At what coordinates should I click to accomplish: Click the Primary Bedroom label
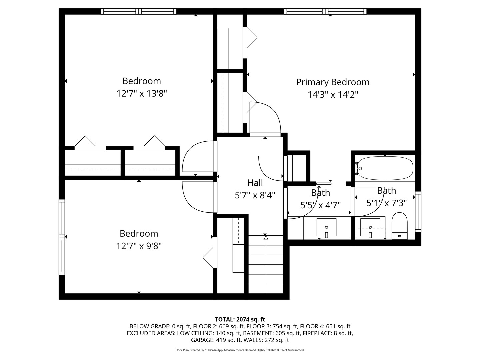tap(333, 82)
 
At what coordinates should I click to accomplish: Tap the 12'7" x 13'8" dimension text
tap(142, 94)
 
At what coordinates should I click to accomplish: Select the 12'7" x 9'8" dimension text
tap(139, 246)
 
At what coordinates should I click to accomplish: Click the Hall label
tap(255, 183)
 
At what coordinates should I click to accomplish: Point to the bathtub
tap(385, 168)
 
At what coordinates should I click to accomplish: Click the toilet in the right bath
tap(399, 226)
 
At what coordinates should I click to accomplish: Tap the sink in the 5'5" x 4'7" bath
tap(326, 228)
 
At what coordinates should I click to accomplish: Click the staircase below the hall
tap(266, 265)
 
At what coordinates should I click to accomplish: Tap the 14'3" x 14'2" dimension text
tap(333, 95)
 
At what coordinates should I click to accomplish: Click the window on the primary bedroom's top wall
tap(325, 11)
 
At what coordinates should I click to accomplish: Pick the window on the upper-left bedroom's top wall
tap(139, 11)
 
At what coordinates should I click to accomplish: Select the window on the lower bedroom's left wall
tap(62, 237)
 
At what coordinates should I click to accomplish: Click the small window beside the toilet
tap(418, 212)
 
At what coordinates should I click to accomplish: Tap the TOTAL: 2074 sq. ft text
tap(240, 319)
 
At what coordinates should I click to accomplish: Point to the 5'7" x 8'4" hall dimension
tap(255, 195)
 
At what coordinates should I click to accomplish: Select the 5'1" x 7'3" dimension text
tap(387, 203)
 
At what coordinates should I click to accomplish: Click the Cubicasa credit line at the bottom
tap(240, 350)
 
